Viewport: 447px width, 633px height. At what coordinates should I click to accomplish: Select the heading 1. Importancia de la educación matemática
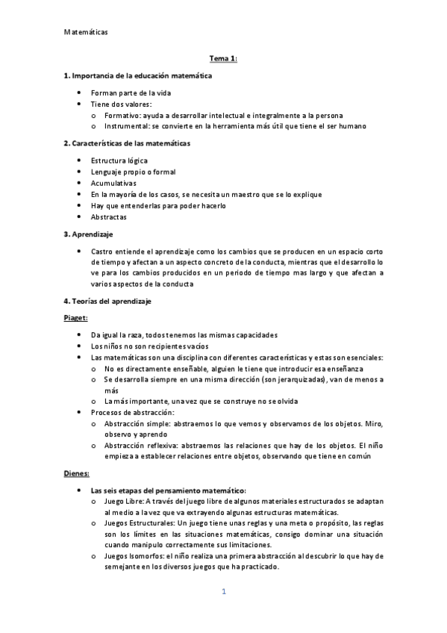pyautogui.click(x=138, y=75)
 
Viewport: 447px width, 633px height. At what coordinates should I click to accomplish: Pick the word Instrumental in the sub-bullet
pyautogui.click(x=127, y=126)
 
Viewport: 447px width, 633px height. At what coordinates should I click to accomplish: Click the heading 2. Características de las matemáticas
pyautogui.click(x=128, y=143)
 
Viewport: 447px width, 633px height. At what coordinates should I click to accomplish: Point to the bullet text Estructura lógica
pyautogui.click(x=119, y=160)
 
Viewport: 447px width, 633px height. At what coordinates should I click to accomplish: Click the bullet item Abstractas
pyautogui.click(x=109, y=217)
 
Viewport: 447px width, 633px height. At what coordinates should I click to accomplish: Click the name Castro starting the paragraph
pyautogui.click(x=103, y=252)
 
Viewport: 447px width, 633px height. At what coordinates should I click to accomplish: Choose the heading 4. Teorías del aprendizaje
pyautogui.click(x=111, y=301)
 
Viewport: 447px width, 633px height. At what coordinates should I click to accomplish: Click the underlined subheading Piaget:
pyautogui.click(x=76, y=318)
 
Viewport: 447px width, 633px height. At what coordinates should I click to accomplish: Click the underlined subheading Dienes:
pyautogui.click(x=77, y=473)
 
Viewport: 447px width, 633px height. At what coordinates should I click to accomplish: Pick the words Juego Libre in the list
pyautogui.click(x=123, y=502)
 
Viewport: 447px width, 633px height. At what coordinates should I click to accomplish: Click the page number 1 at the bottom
pyautogui.click(x=223, y=592)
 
